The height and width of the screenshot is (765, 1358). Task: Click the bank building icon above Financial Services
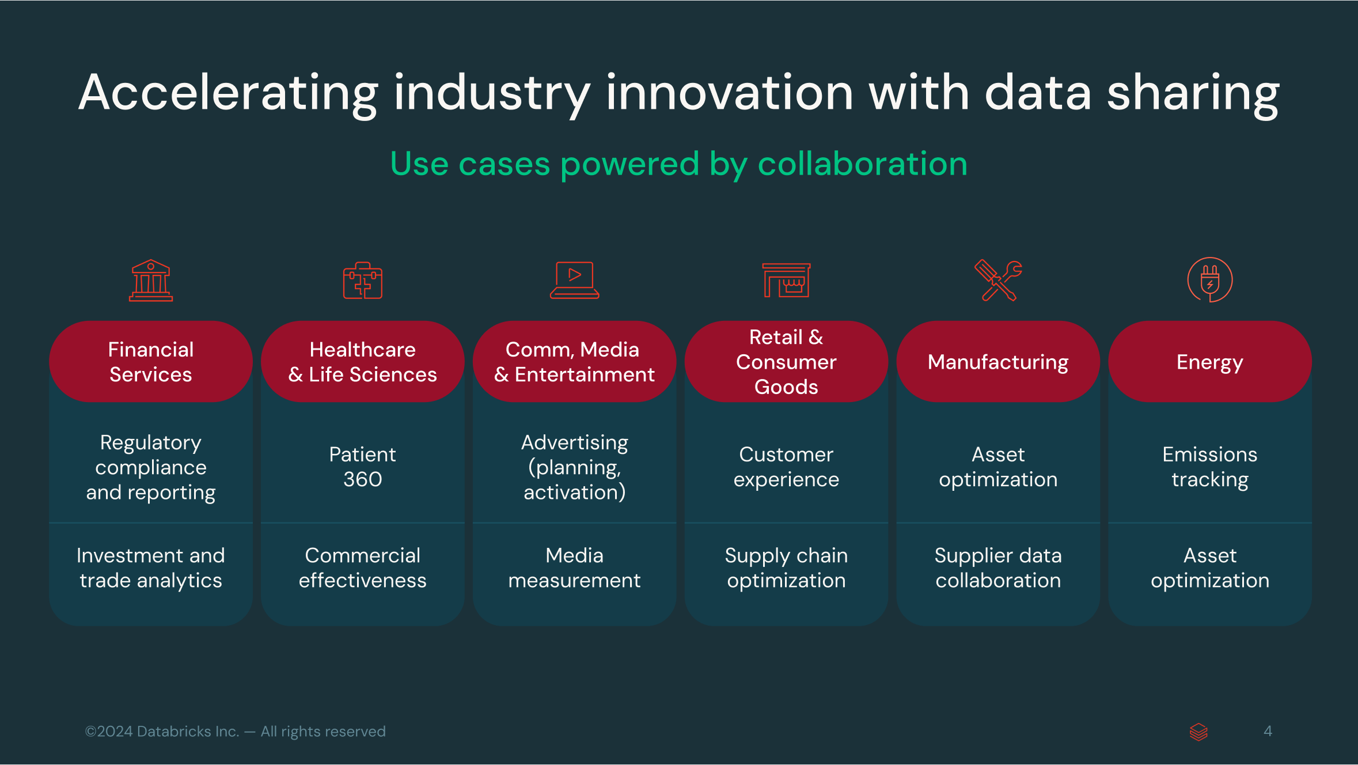point(151,281)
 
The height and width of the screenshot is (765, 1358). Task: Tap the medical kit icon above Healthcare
point(363,281)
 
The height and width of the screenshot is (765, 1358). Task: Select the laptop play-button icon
point(575,281)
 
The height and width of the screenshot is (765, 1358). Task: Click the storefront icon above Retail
point(786,280)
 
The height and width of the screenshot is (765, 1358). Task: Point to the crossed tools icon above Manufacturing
point(998,281)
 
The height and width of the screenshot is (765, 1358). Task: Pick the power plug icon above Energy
point(1210,280)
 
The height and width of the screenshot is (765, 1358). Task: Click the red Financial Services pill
point(151,362)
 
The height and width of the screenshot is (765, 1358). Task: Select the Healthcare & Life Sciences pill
point(363,362)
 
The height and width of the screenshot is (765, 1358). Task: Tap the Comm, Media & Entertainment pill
point(575,362)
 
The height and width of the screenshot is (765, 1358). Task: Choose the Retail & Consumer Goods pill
point(786,362)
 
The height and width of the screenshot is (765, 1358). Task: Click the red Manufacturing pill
point(998,362)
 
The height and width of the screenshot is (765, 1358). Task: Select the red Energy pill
point(1210,362)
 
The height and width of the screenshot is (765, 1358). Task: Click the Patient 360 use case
point(363,467)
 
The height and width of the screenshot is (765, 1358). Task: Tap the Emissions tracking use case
point(1210,467)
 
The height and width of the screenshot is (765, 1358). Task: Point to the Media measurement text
point(575,568)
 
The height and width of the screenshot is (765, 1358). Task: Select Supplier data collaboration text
point(998,568)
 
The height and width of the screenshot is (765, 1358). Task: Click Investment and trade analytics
point(151,568)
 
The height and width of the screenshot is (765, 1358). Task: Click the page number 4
point(1268,731)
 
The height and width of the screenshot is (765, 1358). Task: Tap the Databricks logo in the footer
point(1198,732)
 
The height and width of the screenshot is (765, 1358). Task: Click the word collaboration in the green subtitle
point(862,164)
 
